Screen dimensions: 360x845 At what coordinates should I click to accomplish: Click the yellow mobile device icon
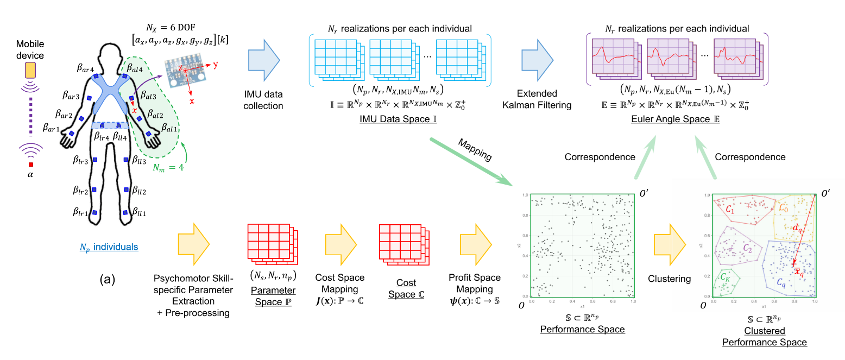(30, 70)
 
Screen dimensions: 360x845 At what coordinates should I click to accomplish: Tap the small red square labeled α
(31, 165)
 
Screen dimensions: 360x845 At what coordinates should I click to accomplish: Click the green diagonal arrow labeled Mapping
(467, 160)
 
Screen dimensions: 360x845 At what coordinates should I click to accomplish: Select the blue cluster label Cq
(780, 283)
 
